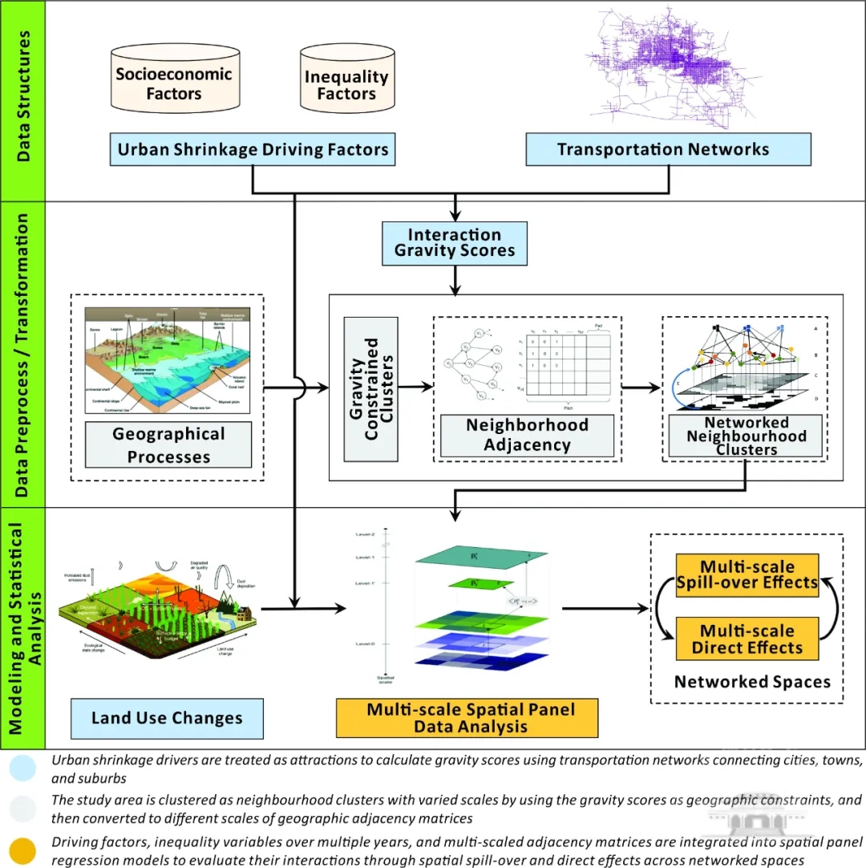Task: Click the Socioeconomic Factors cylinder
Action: point(173,83)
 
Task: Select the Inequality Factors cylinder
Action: point(346,85)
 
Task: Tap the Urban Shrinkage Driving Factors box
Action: point(253,149)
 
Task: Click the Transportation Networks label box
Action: point(662,149)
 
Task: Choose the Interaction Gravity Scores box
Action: point(455,243)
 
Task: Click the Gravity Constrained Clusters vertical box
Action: point(370,389)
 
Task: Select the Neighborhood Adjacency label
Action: point(527,436)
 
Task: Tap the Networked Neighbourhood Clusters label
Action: point(746,436)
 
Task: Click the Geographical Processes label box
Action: point(168,445)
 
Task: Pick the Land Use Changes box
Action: point(167,718)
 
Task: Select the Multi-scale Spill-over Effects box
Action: point(747,574)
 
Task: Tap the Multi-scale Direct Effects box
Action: point(747,639)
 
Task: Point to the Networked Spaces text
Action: point(751,682)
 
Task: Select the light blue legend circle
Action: point(24,769)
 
